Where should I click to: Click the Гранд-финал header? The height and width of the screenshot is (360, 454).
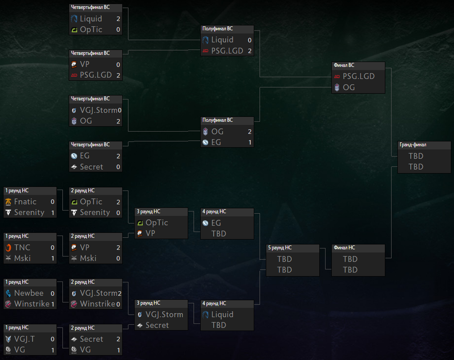413,145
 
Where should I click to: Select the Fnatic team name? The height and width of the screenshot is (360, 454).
25,202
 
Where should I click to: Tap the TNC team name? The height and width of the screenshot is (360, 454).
22,247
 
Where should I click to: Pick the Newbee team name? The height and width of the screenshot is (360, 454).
29,293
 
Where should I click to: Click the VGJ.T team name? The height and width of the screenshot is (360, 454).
25,339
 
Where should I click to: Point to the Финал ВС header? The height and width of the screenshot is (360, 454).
344,65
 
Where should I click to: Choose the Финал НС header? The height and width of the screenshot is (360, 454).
344,248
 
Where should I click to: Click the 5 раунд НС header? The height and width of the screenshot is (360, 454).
280,248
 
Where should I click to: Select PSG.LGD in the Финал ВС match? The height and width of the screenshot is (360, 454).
359,76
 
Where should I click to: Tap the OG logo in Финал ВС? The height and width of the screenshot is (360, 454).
337,87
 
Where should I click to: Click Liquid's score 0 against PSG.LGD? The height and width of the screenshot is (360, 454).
250,40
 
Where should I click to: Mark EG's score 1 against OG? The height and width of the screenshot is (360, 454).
250,142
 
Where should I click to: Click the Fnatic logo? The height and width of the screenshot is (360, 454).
8,202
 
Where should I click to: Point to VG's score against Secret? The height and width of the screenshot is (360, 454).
119,350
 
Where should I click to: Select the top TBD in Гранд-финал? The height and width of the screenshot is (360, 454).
416,156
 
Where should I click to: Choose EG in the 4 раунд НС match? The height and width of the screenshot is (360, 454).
216,223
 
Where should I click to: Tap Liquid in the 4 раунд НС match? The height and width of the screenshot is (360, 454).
222,314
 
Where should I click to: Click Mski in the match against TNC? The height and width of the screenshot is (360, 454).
22,258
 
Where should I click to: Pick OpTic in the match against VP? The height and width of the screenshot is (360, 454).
157,223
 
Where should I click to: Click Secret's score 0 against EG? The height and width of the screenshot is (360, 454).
118,167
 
